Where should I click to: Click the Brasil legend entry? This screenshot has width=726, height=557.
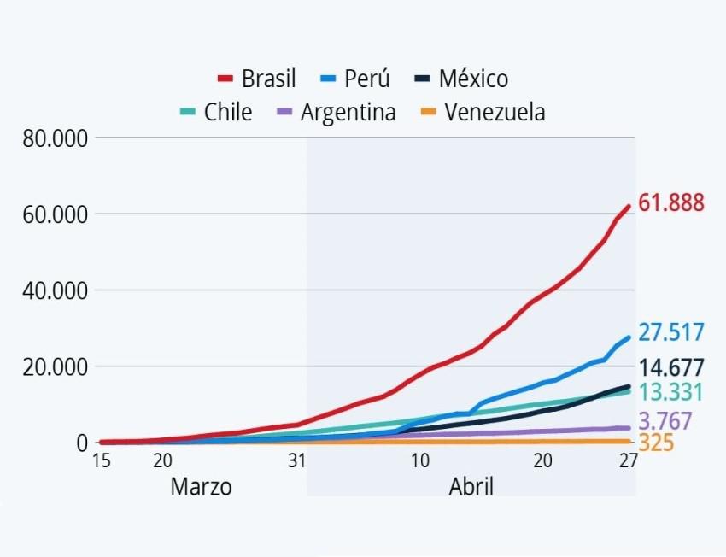coord(257,79)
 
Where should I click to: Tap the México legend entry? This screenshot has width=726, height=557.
coord(462,79)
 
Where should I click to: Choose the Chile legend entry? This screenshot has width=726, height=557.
coord(217,112)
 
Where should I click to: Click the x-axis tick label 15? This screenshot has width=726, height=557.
coord(101,460)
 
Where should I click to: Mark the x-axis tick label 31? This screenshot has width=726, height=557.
coord(296,460)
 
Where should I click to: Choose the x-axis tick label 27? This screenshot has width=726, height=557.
coord(628,460)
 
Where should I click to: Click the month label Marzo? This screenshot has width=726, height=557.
coord(201,487)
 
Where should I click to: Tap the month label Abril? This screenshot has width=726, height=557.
coord(471,487)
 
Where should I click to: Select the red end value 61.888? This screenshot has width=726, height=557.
coord(671,203)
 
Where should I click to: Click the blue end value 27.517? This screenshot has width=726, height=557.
coord(671,331)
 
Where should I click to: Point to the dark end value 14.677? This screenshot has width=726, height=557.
coord(671,368)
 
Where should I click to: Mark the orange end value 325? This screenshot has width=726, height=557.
coord(656,443)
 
